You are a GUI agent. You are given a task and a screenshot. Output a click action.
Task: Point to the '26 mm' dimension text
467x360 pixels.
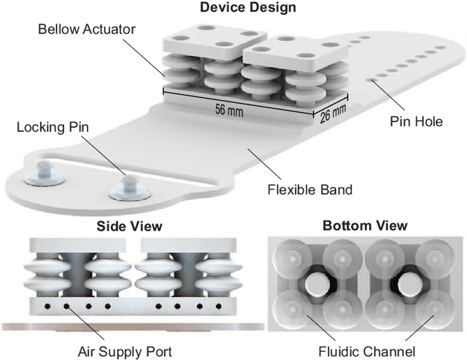333,112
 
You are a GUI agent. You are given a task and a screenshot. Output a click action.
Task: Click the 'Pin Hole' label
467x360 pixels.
417,121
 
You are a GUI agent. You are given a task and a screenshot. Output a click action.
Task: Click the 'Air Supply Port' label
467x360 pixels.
126,352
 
